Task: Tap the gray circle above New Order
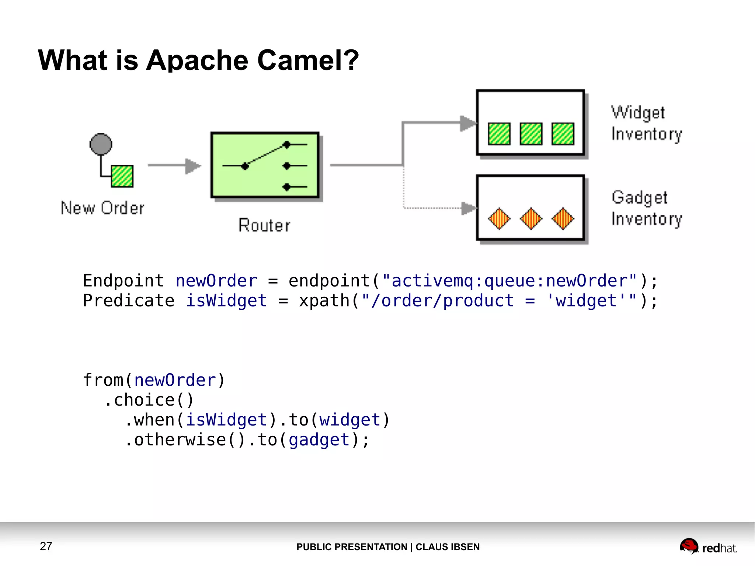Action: point(101,144)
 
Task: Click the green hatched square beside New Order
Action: point(122,176)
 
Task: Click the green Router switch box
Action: point(264,165)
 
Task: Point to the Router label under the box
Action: point(264,225)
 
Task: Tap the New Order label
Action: point(102,208)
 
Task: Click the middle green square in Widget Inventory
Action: point(531,133)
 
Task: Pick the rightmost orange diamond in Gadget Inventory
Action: point(563,219)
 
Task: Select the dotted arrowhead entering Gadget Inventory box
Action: point(469,208)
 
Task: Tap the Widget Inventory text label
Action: point(646,123)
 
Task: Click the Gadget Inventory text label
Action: point(646,208)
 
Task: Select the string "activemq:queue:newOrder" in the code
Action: point(509,281)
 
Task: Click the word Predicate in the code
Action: point(129,301)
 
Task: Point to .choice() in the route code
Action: point(149,400)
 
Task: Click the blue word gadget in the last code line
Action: point(319,440)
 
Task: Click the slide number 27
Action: point(46,546)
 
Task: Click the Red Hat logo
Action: point(708,546)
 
